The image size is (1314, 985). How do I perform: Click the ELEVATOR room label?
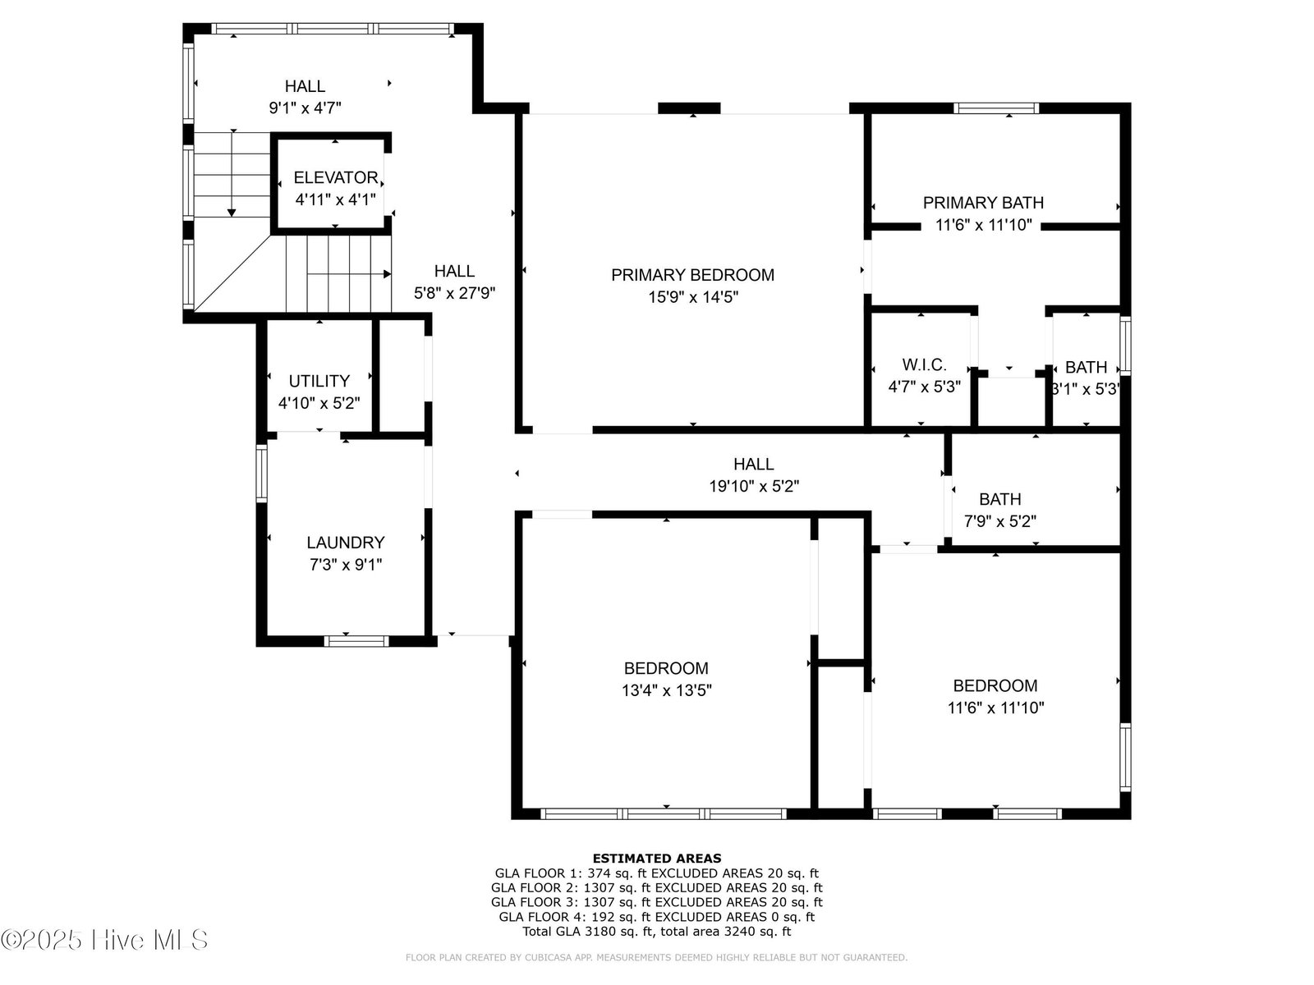(336, 177)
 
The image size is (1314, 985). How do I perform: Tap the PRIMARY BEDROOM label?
(692, 275)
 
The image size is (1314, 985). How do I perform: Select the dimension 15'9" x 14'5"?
(693, 297)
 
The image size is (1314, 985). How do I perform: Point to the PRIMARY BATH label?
(983, 203)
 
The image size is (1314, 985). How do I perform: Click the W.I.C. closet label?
(924, 364)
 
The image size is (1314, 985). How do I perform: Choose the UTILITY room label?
(319, 381)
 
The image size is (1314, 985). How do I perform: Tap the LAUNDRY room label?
(346, 543)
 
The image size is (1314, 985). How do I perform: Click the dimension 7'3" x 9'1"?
(346, 565)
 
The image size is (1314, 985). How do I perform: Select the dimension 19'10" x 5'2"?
(754, 486)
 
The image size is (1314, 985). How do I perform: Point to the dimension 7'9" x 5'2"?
(999, 521)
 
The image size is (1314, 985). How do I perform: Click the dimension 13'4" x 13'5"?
(666, 691)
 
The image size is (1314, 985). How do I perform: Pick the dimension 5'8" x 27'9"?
(454, 294)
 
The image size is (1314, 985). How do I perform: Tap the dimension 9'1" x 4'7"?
(305, 108)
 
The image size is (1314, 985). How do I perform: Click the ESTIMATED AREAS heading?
(657, 859)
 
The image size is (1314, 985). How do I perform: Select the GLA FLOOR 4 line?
(657, 917)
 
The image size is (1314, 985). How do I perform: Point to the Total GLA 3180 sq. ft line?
(657, 931)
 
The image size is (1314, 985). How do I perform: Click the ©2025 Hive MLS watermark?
(104, 940)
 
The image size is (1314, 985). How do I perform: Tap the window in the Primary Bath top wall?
(996, 108)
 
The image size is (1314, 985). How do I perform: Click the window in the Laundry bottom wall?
(356, 641)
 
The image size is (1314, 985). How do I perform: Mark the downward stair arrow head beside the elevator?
(232, 213)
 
